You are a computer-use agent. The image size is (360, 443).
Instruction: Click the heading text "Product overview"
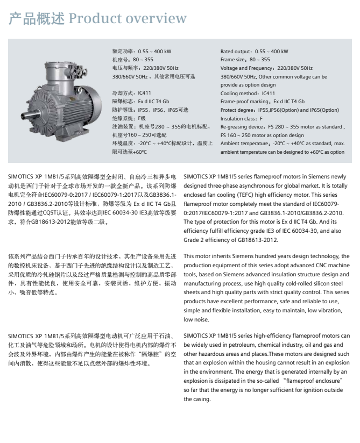coord(127,19)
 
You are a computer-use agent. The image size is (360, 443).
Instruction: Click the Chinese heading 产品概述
coord(37,19)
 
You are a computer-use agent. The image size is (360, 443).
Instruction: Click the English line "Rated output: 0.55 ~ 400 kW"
coord(254,52)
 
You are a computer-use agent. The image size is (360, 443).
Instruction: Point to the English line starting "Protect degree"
coord(279,110)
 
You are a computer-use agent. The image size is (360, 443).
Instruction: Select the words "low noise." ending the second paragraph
coord(196,319)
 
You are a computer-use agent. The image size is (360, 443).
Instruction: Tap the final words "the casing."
coord(197,399)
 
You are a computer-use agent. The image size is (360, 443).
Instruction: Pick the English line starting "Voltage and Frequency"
coord(266,68)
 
